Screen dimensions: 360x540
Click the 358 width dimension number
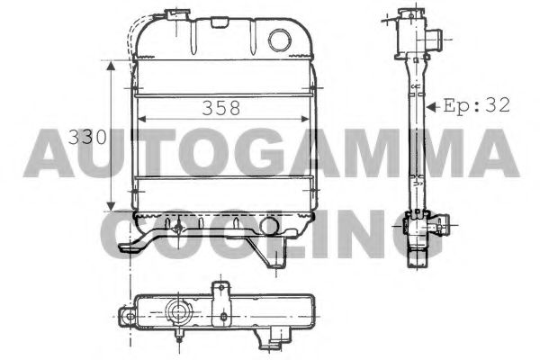220,108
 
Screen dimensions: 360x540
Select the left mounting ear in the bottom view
125,315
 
